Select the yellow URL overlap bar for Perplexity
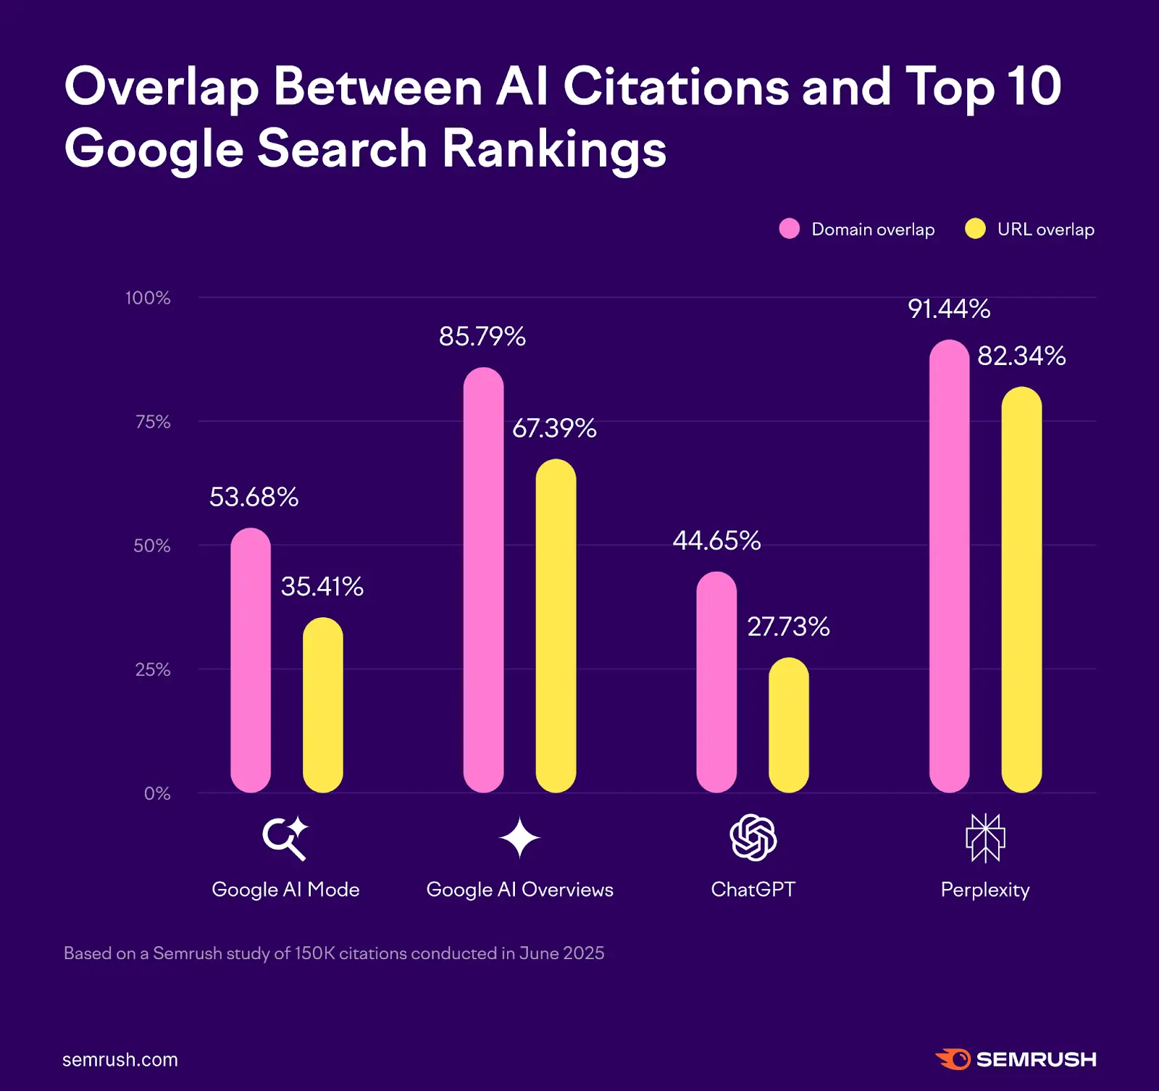click(x=1021, y=590)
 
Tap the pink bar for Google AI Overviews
click(x=483, y=580)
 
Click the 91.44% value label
click(x=949, y=309)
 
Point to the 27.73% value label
click(x=788, y=627)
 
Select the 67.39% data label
click(x=554, y=428)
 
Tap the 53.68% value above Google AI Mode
click(x=254, y=497)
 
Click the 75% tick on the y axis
click(x=153, y=422)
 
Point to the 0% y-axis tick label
click(x=157, y=793)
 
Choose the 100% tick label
click(x=148, y=298)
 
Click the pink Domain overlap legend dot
click(x=789, y=229)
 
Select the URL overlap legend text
click(x=1045, y=230)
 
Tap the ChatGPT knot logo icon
click(x=753, y=837)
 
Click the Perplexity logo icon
click(x=985, y=838)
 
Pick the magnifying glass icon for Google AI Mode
click(x=284, y=839)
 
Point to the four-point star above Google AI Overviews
click(x=519, y=838)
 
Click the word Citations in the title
click(x=675, y=87)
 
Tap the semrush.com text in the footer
click(x=120, y=1060)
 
